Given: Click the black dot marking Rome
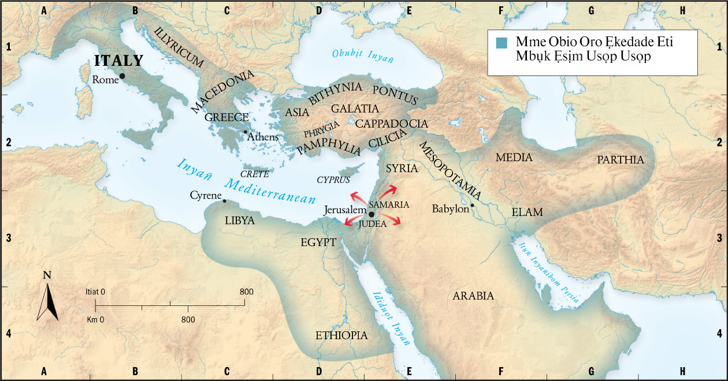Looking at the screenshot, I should coord(122,76).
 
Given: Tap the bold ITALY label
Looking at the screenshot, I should coord(119,61).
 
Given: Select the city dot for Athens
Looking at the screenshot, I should coord(246,132).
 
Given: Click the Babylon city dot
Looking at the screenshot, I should coord(472,205).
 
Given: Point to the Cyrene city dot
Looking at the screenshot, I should coord(224,201).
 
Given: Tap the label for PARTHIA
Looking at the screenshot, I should coord(620,160).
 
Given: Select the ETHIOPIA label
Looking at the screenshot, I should coord(341,335).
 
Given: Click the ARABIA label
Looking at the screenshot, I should coord(473,296).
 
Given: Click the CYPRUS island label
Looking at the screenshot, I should coord(333,180).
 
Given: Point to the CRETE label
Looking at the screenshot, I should coord(254,174).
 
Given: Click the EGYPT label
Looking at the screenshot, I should coord(318,242).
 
